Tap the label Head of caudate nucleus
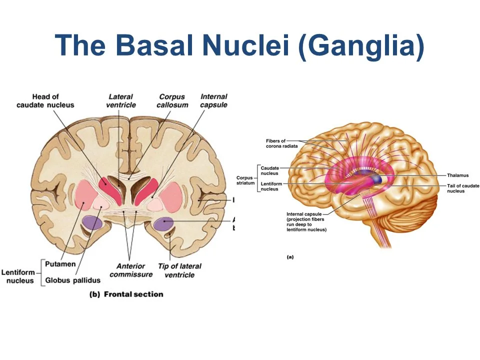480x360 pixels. [x=45, y=100]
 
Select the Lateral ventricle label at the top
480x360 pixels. [x=121, y=100]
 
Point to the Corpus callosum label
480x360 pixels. [x=171, y=100]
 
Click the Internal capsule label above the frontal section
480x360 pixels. [x=214, y=100]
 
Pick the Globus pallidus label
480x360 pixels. [x=73, y=280]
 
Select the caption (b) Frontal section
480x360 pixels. [x=126, y=294]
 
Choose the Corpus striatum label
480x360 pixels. [x=245, y=181]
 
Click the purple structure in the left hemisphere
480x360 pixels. [x=92, y=222]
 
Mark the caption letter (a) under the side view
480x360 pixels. [x=290, y=257]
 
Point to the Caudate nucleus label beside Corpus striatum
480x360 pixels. [x=270, y=171]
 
